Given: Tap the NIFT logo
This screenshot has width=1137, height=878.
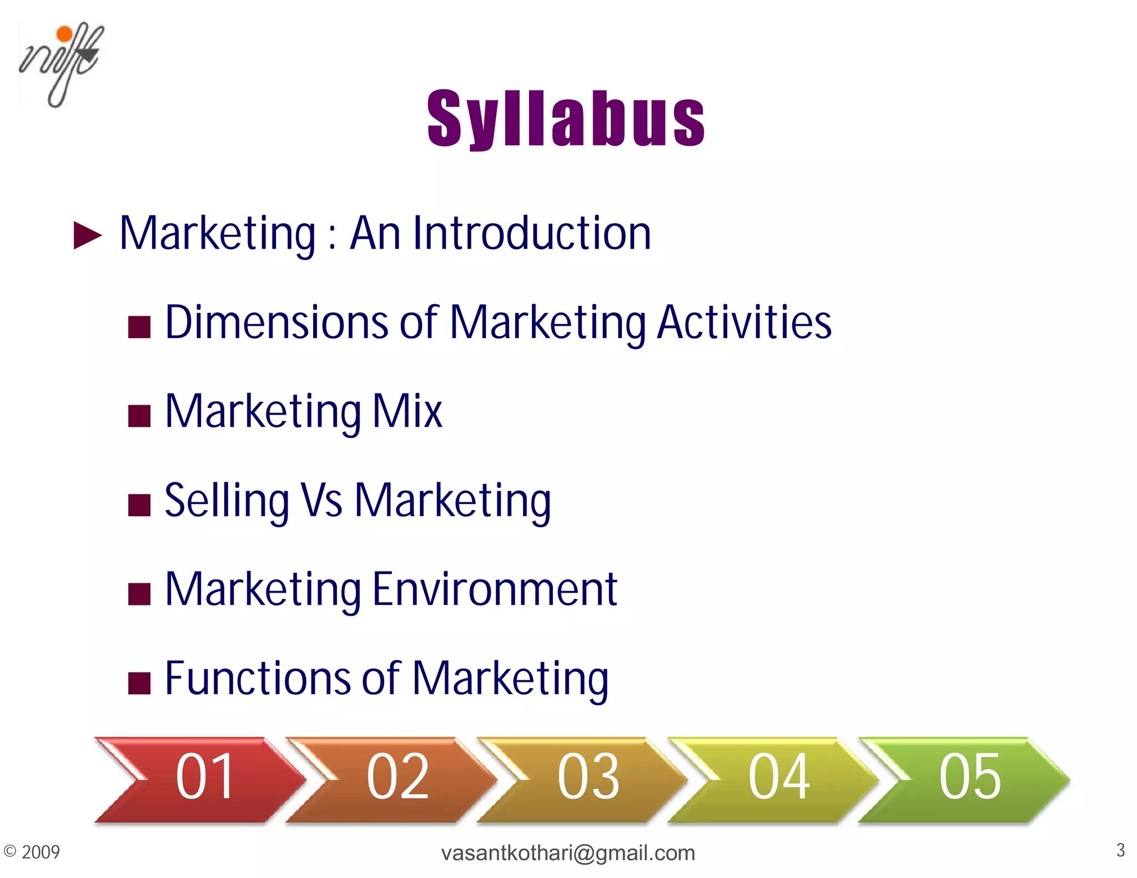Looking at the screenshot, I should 61,64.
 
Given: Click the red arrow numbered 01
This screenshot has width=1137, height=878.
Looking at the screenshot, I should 200,778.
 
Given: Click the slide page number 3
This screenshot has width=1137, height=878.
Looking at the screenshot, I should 1120,850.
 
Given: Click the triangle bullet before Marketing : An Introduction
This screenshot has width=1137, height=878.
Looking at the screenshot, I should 88,235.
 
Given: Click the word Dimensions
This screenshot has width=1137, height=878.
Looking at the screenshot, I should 277,322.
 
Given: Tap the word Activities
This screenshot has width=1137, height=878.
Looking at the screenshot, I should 744,322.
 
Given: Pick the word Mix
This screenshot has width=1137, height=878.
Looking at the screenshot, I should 407,411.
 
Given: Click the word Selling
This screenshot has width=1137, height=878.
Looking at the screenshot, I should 227,501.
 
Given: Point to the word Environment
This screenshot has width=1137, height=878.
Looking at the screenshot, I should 495,589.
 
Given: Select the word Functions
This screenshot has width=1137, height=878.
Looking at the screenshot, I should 258,678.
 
